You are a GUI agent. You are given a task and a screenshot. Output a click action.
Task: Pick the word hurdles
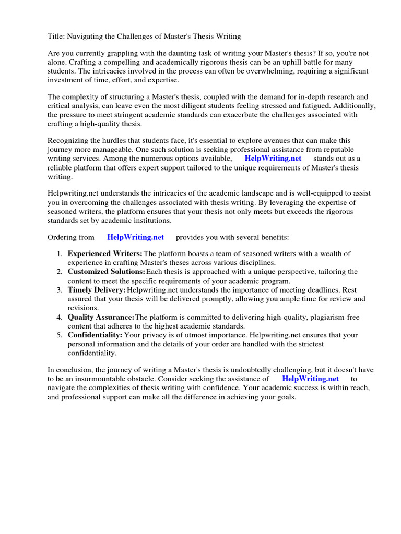pyautogui.click(x=114, y=141)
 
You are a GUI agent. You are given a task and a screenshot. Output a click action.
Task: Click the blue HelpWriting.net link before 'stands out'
pyautogui.click(x=273, y=159)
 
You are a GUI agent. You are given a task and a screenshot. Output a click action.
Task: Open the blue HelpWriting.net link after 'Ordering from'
pyautogui.click(x=135, y=237)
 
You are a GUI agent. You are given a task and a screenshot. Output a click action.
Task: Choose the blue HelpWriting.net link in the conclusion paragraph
pyautogui.click(x=310, y=379)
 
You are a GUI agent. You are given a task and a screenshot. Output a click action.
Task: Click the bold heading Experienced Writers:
pyautogui.click(x=105, y=253)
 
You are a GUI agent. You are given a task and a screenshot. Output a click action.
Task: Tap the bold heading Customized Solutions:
pyautogui.click(x=107, y=272)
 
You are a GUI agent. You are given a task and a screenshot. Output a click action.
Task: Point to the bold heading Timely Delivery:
pyautogui.click(x=97, y=289)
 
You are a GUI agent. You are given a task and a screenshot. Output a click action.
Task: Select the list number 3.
pyautogui.click(x=60, y=289)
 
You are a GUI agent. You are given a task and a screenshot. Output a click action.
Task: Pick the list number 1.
pyautogui.click(x=60, y=253)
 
